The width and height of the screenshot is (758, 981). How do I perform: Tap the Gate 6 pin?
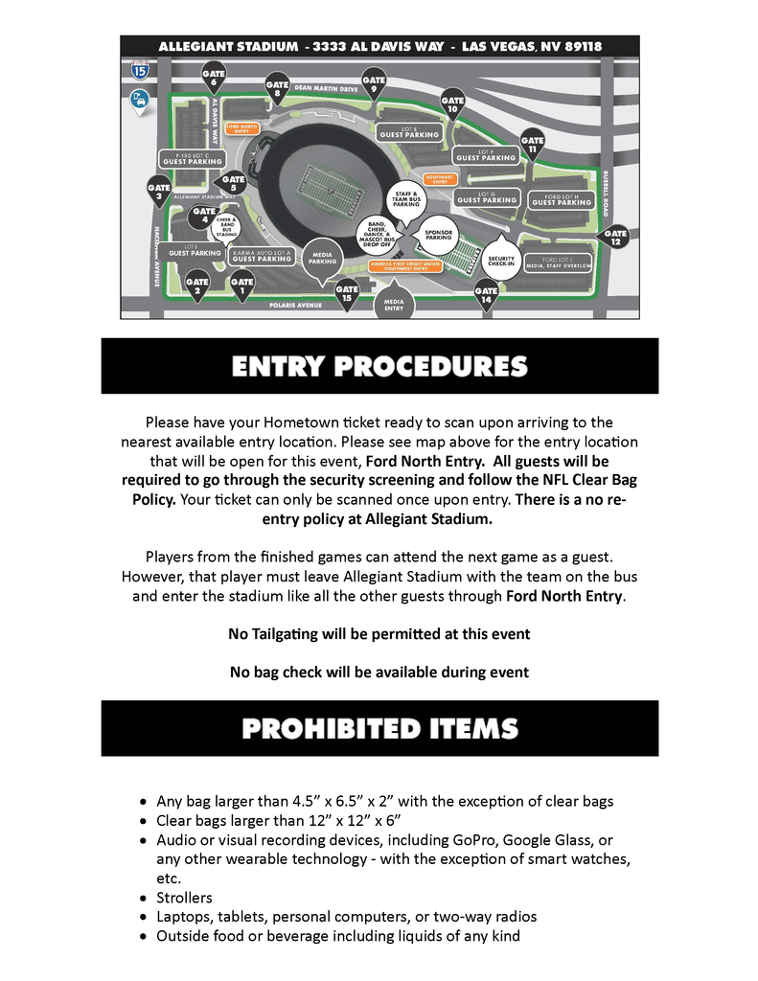pos(214,76)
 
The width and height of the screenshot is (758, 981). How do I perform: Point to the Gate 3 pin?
pos(158,191)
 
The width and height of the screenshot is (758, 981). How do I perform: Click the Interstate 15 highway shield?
pos(141,69)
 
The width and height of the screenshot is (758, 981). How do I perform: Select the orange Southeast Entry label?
pos(440,178)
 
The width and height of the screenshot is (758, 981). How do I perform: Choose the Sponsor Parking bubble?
pos(438,235)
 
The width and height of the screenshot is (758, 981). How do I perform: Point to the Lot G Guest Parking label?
pos(486,197)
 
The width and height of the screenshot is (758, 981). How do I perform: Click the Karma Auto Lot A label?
pos(262,255)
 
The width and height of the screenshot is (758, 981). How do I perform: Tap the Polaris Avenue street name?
pos(295,305)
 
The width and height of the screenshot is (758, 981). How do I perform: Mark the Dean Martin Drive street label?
pos(326,88)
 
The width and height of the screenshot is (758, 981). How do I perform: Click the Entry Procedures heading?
pos(379,366)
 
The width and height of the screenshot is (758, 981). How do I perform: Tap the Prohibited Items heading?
pos(379,728)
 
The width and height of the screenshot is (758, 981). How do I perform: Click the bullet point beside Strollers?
pos(143,899)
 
